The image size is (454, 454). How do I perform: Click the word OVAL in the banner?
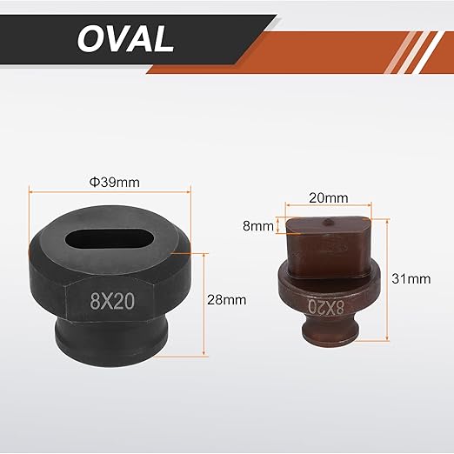coord(125,39)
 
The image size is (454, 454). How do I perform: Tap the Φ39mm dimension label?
coord(114,183)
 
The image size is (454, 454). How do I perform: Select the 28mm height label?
coord(226,300)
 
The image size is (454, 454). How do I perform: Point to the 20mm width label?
coord(328,198)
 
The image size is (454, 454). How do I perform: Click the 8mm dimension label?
coord(257,226)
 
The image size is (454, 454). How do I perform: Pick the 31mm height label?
coord(411,279)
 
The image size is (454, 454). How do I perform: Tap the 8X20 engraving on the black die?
coord(112,301)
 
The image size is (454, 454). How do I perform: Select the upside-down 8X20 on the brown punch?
coord(325,307)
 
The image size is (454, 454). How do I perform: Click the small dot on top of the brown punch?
coord(328,222)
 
